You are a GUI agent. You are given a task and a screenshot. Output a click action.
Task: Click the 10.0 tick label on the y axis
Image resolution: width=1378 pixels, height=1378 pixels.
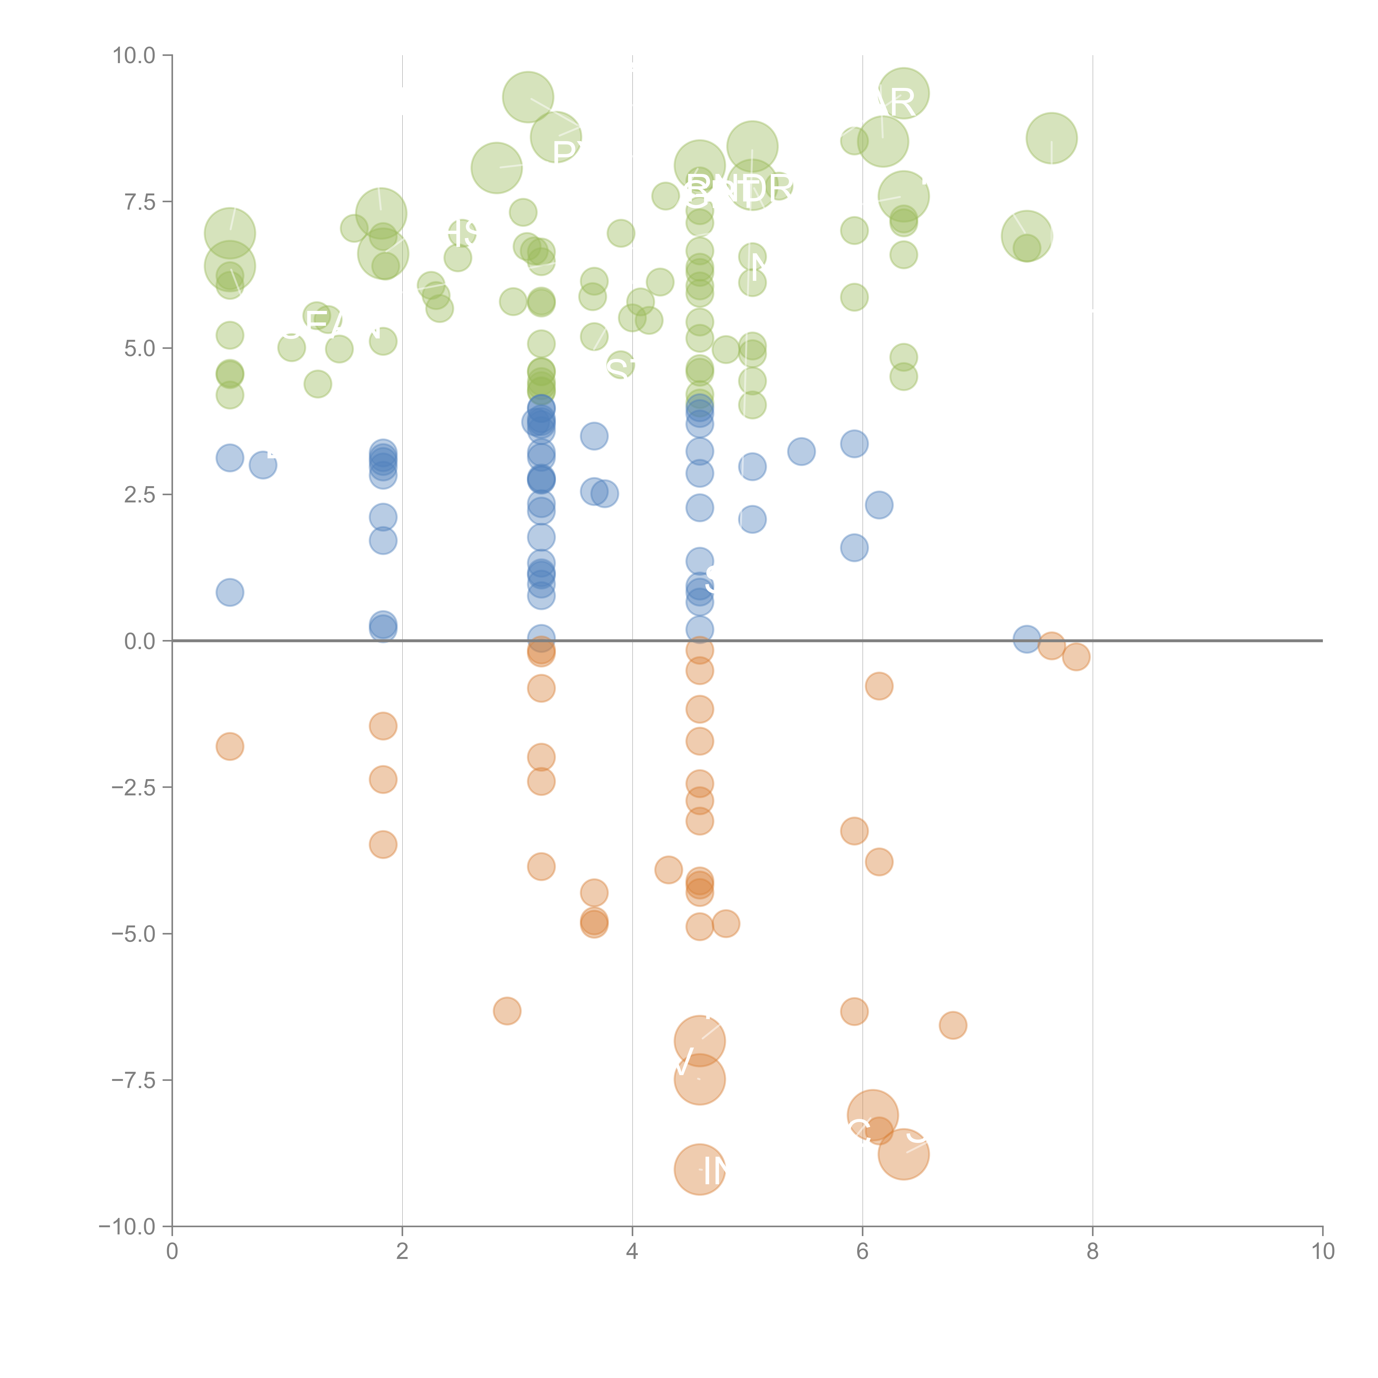coord(134,56)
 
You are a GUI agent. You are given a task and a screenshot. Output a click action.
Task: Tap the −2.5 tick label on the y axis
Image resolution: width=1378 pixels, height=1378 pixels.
coord(134,787)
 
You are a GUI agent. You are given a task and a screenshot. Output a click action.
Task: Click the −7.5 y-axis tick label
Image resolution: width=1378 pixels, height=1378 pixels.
coord(134,1080)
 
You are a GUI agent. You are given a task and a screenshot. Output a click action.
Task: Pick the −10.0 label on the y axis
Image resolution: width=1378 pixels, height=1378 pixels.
coord(128,1227)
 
